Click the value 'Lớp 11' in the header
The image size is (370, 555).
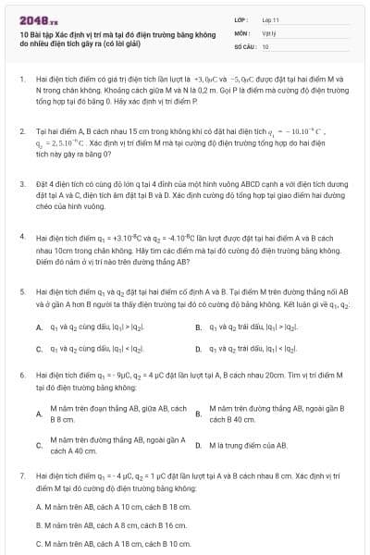270,19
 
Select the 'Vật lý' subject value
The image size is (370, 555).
269,32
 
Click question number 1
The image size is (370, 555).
21,80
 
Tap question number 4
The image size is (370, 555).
21,237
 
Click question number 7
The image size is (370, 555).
21,474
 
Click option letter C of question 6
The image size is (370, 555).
38,446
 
